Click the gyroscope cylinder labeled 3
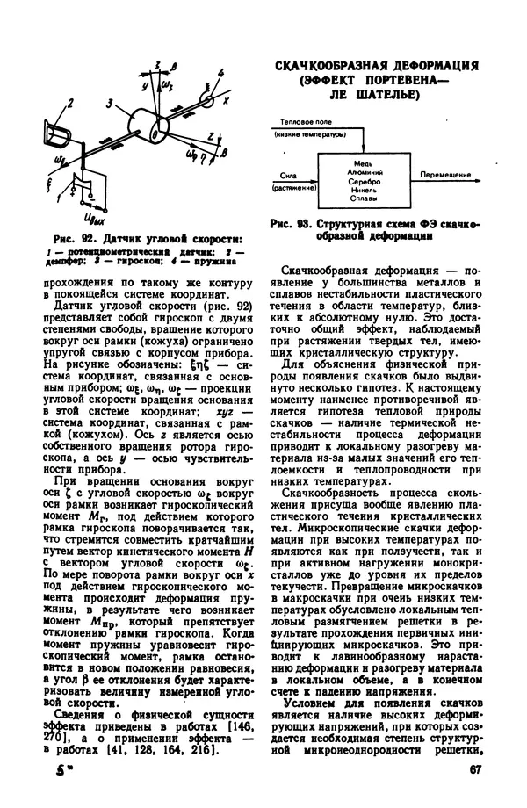[145, 122]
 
